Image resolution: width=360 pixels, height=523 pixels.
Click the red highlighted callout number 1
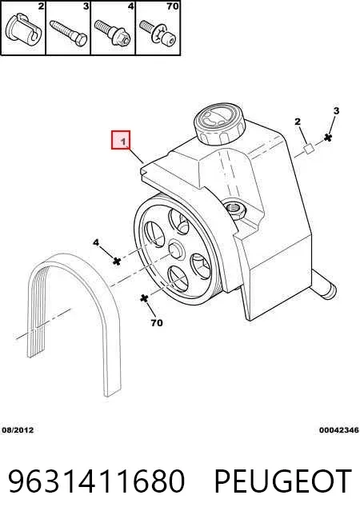[x=121, y=140]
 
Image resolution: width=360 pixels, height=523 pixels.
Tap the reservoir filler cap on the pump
[x=219, y=124]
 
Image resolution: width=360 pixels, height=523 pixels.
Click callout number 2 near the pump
[x=298, y=122]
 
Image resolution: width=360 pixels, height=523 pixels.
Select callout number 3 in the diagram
[x=336, y=110]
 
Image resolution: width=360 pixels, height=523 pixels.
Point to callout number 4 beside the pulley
[x=96, y=242]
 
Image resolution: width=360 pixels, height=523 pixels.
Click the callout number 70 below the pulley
[x=157, y=322]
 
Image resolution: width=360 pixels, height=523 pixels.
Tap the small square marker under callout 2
[x=308, y=149]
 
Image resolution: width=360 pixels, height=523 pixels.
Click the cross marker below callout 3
[x=328, y=138]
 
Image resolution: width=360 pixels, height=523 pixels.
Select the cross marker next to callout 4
[x=117, y=261]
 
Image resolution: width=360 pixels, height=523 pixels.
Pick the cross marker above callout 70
[x=144, y=297]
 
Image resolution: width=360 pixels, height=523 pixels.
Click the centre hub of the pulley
[x=176, y=250]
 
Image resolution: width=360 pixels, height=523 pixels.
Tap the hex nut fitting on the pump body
[x=235, y=210]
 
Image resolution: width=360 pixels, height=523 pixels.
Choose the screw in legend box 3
[x=69, y=33]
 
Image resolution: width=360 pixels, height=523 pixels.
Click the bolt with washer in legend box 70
[x=158, y=34]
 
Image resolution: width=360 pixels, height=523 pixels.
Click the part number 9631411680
[x=97, y=481]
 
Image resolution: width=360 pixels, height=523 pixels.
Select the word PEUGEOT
[x=283, y=481]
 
